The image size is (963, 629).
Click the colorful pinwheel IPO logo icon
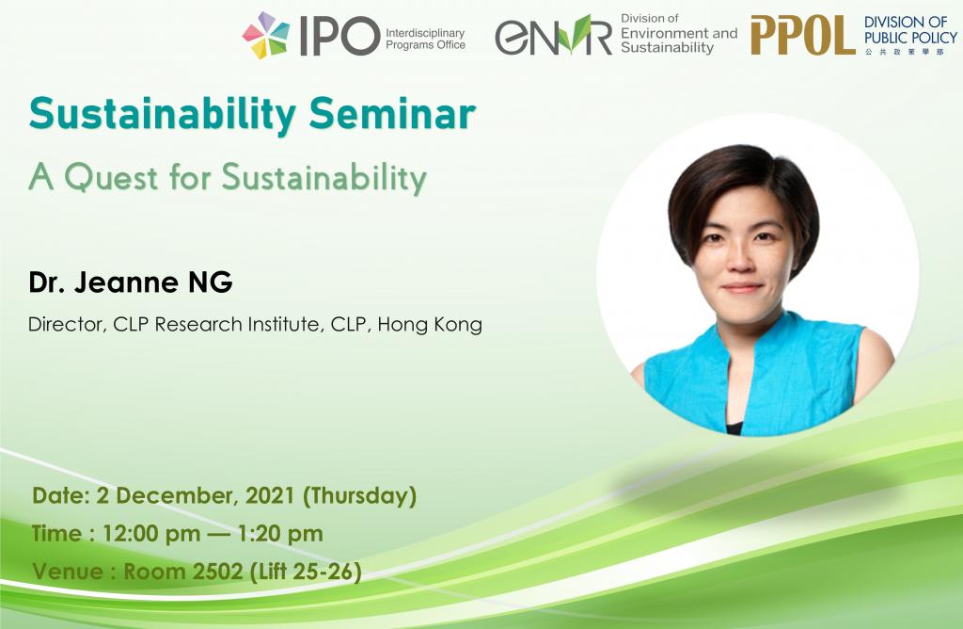[x=265, y=35]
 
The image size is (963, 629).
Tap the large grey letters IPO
[x=339, y=36]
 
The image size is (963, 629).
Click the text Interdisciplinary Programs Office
[x=425, y=39]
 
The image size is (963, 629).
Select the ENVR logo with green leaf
[x=553, y=35]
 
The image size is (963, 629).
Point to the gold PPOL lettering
[x=803, y=36]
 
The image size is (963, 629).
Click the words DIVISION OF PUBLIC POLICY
[x=910, y=30]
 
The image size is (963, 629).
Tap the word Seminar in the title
[x=392, y=114]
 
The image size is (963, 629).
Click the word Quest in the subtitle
[x=112, y=178]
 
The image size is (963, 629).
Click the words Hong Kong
[x=430, y=325]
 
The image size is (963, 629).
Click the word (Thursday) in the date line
[x=360, y=496]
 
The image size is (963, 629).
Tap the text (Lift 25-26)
[x=306, y=573]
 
